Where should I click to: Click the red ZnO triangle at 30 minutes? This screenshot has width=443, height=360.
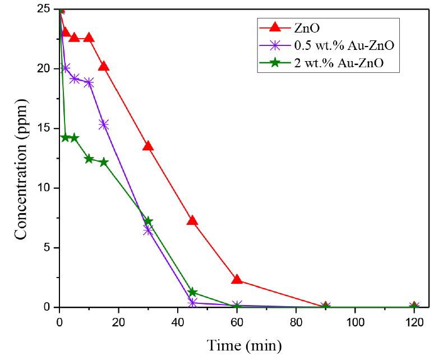[x=148, y=146]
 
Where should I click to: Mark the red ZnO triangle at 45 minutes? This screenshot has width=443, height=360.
[x=192, y=220]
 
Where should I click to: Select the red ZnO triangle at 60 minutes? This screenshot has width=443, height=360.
[x=237, y=279]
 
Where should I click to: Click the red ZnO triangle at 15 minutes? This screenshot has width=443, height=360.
[x=104, y=66]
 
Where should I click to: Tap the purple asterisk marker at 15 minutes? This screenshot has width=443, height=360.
[x=104, y=124]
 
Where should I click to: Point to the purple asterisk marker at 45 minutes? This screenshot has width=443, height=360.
[x=192, y=302]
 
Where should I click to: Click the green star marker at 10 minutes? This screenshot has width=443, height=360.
[x=89, y=159]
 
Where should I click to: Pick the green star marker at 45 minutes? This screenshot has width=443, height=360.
[x=192, y=292]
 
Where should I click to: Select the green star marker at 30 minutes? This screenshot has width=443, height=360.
[x=148, y=221]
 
